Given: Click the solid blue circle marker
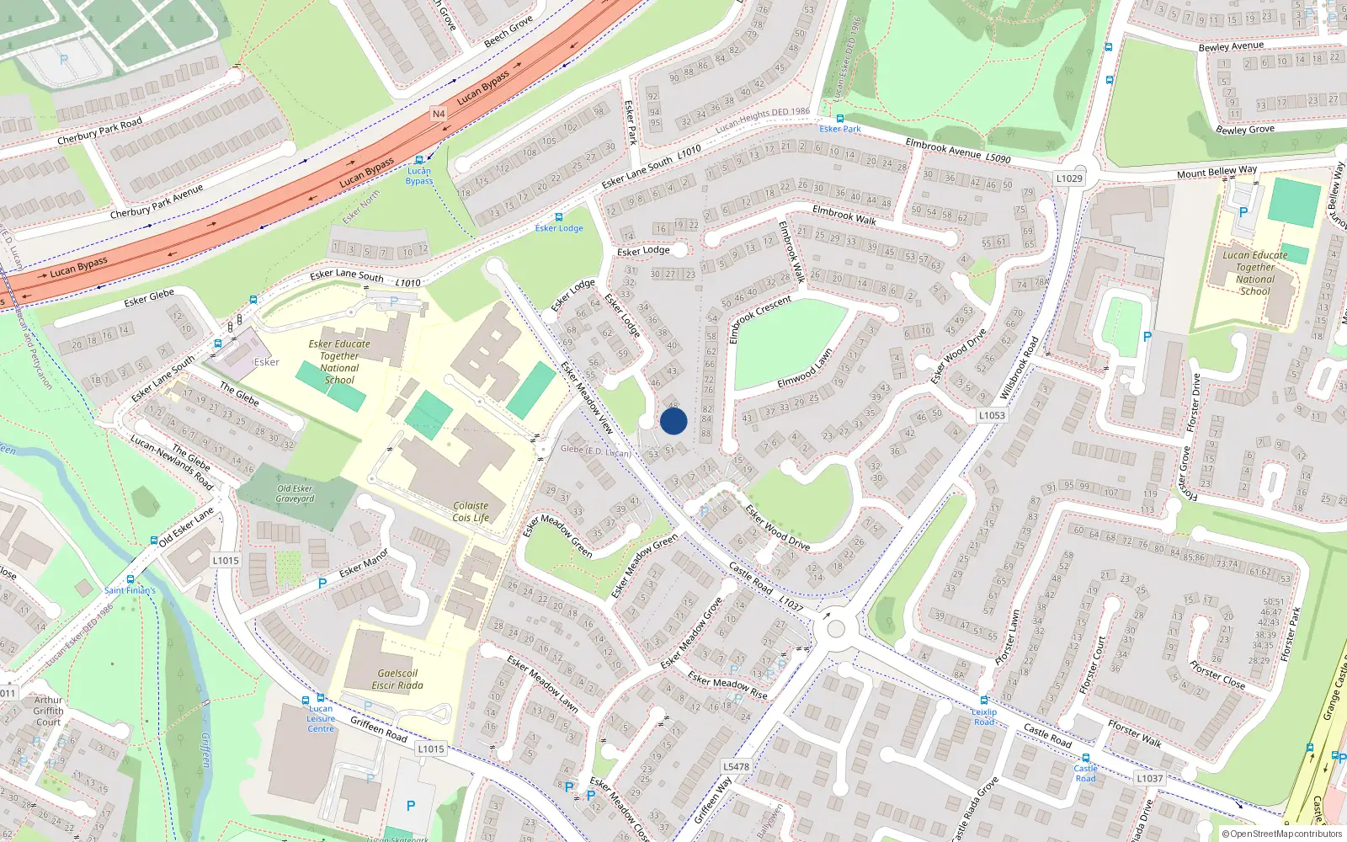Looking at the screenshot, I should [x=673, y=421].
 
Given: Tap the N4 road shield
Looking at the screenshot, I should [x=438, y=114].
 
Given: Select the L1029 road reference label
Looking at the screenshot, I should [x=1069, y=179].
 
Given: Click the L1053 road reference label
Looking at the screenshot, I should [x=992, y=415].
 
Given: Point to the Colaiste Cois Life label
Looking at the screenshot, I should [x=471, y=512].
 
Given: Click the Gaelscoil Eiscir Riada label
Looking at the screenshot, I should [x=397, y=679].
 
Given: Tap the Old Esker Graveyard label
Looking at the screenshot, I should [x=295, y=493].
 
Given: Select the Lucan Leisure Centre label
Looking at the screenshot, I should [x=321, y=718].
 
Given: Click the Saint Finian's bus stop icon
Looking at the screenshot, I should [x=130, y=579].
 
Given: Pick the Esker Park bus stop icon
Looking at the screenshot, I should [x=839, y=119].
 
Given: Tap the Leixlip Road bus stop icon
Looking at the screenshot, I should [x=983, y=701].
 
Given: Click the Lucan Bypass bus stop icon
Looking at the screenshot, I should [x=418, y=160].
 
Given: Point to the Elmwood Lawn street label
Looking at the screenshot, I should [x=805, y=369].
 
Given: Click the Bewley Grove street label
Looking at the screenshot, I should [x=1245, y=130].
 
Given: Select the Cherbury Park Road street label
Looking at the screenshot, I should [x=99, y=131].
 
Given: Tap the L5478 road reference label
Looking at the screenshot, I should [x=736, y=767].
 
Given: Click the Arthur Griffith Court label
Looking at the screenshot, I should [x=48, y=711].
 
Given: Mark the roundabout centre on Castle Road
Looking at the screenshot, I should [x=835, y=628].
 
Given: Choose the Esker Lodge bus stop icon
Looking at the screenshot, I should [x=558, y=217].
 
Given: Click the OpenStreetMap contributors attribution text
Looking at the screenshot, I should [x=1281, y=834].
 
